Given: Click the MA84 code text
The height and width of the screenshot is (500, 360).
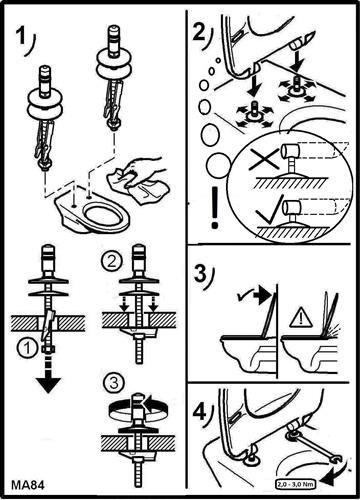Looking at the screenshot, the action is coord(28,485).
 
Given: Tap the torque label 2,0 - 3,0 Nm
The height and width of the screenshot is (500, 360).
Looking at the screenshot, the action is coord(295,483).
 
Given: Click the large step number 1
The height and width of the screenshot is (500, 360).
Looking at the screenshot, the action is coord(21,36).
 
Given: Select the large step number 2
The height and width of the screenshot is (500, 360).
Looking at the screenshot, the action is coord(200,33).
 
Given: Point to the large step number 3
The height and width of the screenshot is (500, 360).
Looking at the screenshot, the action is coord(201,274).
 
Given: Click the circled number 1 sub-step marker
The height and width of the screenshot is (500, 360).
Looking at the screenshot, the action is coord(28,349).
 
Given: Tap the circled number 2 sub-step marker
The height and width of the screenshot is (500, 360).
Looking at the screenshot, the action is coord(111,262).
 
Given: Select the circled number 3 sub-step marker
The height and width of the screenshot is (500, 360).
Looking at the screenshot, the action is coord(114,383).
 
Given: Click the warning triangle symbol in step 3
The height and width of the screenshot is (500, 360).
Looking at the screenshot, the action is coord(301,317).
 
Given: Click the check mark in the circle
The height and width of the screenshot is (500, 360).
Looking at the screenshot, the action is coord(269,210).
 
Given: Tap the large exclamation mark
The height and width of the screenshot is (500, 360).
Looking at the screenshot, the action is coord(215,207).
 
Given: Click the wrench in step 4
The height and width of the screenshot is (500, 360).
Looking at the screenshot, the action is coord(316,448).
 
